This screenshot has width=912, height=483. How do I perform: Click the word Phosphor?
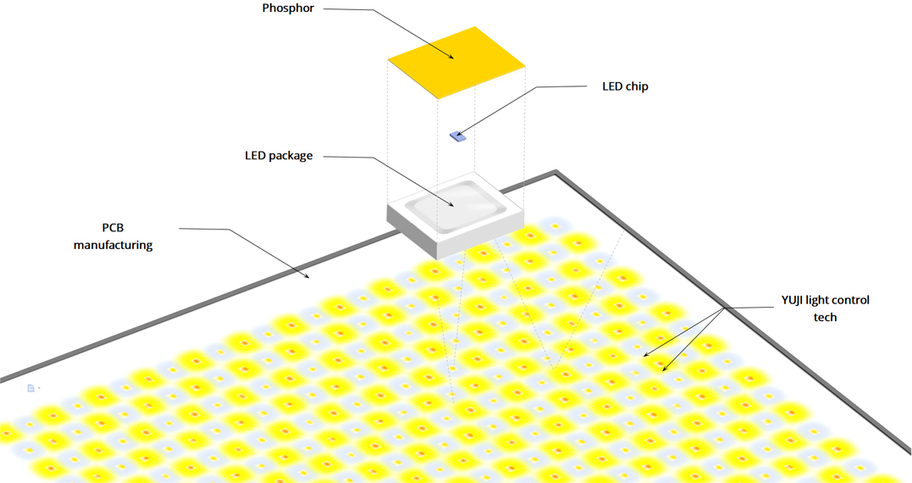[x=288, y=8]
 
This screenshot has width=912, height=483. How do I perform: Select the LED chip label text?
[x=625, y=86]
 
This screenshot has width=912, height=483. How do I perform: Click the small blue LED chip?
[x=458, y=136]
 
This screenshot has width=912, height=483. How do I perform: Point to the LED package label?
[x=279, y=156]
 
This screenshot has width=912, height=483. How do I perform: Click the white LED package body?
[x=456, y=215]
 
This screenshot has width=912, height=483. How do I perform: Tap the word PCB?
[x=113, y=228]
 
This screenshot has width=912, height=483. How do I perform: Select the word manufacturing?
[x=113, y=245]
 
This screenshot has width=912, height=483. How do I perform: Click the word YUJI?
[x=793, y=300]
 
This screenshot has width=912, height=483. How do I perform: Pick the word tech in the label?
[x=825, y=317]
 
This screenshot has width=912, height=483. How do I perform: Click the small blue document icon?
[x=30, y=388]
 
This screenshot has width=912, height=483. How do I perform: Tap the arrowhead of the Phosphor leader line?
[x=450, y=57]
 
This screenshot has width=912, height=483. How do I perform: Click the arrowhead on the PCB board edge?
[x=307, y=276]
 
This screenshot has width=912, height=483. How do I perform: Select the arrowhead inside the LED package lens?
[x=450, y=203]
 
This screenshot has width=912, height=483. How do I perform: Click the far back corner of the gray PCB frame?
[x=556, y=172]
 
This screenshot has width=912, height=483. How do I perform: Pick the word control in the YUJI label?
[x=850, y=300]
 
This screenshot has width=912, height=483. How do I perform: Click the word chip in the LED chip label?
[x=637, y=86]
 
